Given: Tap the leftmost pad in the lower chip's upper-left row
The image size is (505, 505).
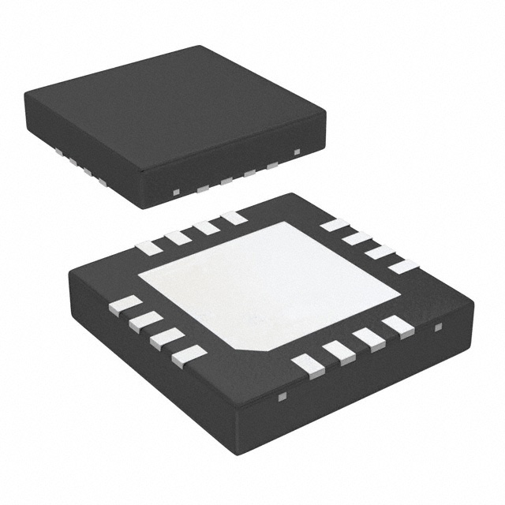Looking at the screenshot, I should pos(148,248).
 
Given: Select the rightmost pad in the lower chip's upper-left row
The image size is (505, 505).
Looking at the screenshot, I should pos(234,217).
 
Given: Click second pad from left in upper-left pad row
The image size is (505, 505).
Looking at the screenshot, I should pos(178,237).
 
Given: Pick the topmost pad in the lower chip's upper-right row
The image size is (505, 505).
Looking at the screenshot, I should pos(335,225).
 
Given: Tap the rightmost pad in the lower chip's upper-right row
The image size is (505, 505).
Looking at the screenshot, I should pos(402,266).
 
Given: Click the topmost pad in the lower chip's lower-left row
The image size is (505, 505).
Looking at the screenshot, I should pos(125,305).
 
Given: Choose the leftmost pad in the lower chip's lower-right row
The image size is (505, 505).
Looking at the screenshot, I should pos(308,365).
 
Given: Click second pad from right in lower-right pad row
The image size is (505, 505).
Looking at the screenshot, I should pos(369,339).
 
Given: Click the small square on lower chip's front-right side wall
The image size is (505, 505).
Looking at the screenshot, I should pos(439,326).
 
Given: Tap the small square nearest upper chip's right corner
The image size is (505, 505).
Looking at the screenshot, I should pos(297,151).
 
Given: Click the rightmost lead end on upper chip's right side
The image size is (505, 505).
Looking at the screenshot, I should pos(273,166).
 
